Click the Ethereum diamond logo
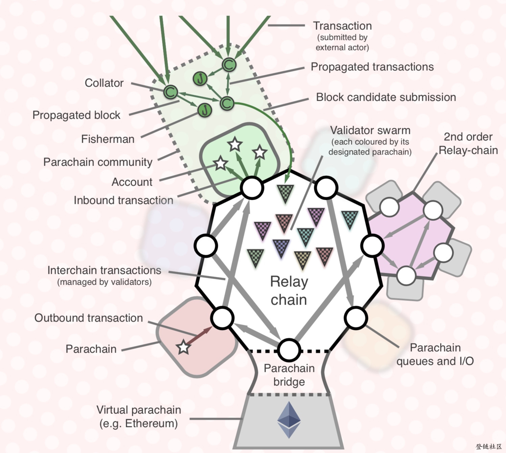click(x=289, y=420)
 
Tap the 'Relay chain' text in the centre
click(x=289, y=290)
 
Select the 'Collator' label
click(x=104, y=83)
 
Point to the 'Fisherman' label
click(x=108, y=139)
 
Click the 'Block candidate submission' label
click(x=386, y=97)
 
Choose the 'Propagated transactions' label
click(x=372, y=67)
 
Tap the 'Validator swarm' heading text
click(x=370, y=130)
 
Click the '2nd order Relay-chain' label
click(x=468, y=144)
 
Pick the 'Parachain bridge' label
click(x=289, y=375)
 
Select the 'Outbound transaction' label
click(x=89, y=318)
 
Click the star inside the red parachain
click(x=184, y=347)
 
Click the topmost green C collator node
click(x=229, y=65)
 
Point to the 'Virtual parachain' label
click(x=139, y=410)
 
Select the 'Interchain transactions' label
click(x=105, y=270)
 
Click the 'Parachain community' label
click(x=98, y=162)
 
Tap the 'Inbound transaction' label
click(x=124, y=200)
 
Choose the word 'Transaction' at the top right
click(x=342, y=26)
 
